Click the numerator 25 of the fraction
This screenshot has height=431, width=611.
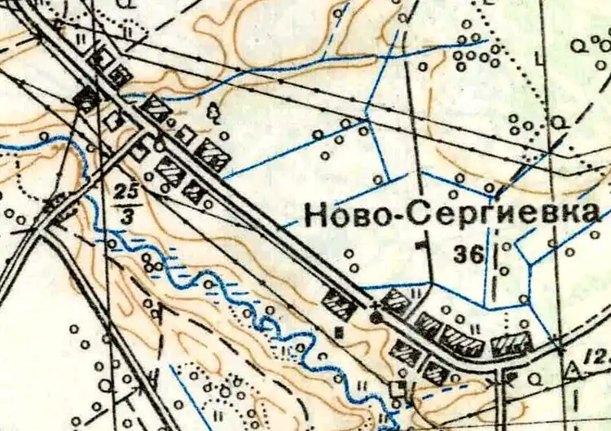pos(124,191)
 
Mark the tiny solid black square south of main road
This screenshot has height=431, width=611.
pos(338,331)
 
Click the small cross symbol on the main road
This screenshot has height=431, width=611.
pos(375,306)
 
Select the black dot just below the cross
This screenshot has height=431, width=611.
pos(376,317)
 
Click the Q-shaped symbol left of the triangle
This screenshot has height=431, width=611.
pos(538,376)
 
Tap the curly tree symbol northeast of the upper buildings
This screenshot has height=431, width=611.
pos(215,113)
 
